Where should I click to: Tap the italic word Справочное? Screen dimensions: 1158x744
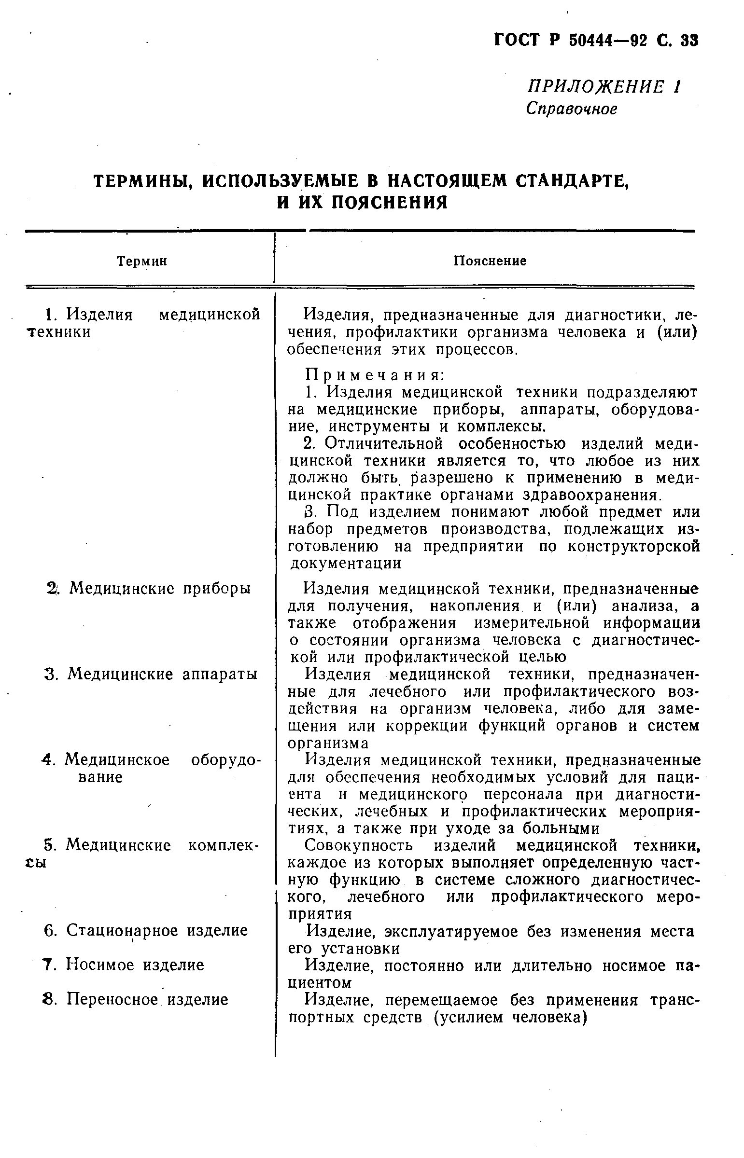[x=572, y=109]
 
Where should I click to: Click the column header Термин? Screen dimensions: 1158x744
[x=142, y=262]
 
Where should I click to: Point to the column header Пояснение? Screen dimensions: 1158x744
[x=490, y=261]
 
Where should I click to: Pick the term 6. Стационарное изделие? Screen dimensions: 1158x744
[x=146, y=930]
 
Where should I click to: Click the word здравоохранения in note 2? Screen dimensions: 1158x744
[x=591, y=495]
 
